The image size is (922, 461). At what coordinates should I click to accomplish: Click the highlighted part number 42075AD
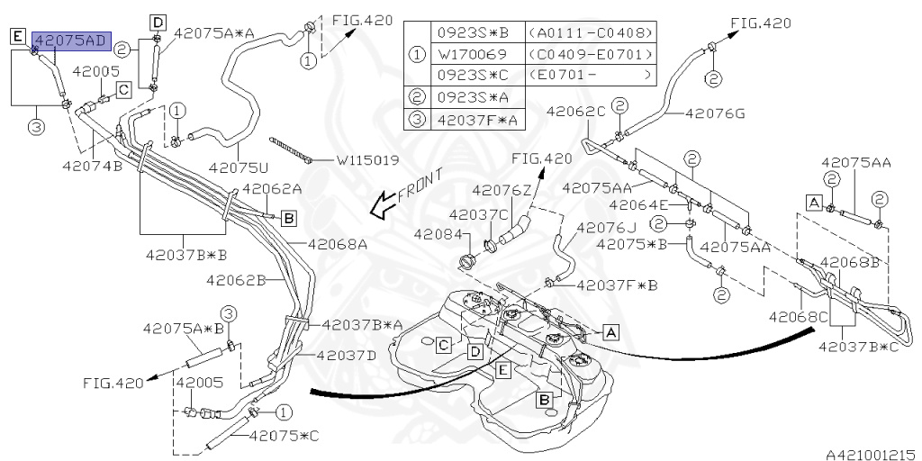(x=71, y=41)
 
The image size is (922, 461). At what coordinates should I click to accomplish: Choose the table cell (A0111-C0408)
(x=591, y=32)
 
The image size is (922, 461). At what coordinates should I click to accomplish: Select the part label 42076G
(x=715, y=113)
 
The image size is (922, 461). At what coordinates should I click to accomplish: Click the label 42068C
(x=798, y=316)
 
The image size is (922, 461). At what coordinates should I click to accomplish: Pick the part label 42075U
(x=238, y=167)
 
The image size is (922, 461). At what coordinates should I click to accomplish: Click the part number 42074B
(x=92, y=166)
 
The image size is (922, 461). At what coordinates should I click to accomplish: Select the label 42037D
(x=347, y=355)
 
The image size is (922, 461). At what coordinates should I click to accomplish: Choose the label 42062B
(x=236, y=280)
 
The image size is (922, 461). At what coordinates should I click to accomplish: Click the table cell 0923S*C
(x=473, y=75)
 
